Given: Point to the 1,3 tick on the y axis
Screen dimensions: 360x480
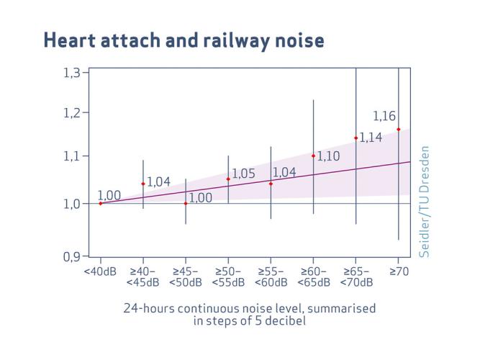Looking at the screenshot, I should coord(74,71).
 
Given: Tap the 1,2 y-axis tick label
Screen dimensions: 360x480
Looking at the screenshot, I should coord(74,113).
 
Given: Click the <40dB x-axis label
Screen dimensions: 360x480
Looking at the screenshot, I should coord(100,271).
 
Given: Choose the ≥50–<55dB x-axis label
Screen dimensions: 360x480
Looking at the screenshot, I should coord(228,276).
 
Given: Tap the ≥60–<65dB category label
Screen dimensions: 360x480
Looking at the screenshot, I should coord(313,276).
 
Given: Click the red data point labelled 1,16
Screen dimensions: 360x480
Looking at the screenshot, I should coord(398,130).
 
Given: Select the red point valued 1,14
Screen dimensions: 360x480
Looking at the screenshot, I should coord(356,138).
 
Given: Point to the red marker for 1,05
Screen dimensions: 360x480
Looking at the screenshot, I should coord(228,179).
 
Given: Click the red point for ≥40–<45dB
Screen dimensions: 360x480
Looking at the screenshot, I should coord(143,184).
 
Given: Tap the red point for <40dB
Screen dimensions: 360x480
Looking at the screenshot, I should coord(101,203).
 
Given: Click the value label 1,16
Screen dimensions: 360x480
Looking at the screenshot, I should coord(384,116).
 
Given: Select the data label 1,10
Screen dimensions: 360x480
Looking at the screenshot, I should coord(328,156).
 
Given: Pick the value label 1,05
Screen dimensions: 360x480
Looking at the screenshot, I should coord(243,174).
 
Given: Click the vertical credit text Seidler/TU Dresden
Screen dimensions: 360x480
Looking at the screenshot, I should coord(425,201).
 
